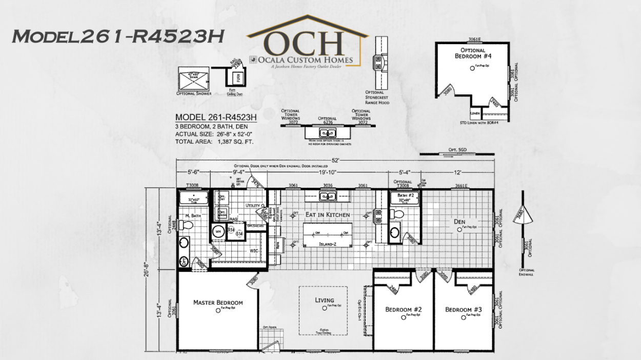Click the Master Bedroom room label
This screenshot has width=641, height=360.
click(218, 303)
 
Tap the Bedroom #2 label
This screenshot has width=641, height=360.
click(403, 310)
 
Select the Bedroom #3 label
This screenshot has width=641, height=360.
click(463, 310)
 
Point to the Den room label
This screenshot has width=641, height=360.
click(459, 222)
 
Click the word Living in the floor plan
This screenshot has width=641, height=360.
click(324, 300)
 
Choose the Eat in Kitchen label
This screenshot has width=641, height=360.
click(328, 214)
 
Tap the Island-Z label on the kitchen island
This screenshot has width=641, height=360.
click(327, 244)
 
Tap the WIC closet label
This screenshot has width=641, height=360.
click(253, 251)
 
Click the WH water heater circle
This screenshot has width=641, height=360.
click(218, 231)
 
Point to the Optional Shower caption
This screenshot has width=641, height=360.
click(194, 93)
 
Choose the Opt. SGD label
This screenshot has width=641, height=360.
click(457, 150)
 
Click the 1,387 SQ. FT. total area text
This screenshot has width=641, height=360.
click(236, 141)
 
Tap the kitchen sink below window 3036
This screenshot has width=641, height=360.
click(327, 196)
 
